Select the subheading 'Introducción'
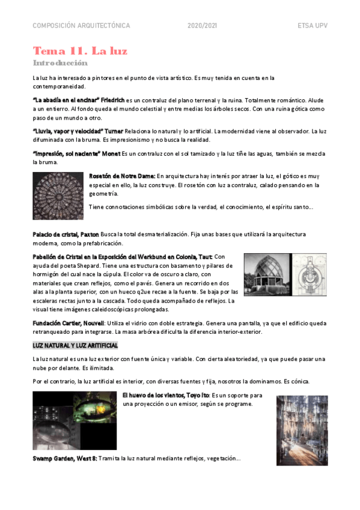[60, 63]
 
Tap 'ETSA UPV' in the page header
[312, 26]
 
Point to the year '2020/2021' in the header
[202, 26]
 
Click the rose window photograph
[58, 195]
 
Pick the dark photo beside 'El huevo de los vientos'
[75, 422]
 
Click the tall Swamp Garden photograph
[302, 430]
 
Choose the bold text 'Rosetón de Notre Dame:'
[122, 176]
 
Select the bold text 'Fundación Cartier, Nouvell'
[67, 323]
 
